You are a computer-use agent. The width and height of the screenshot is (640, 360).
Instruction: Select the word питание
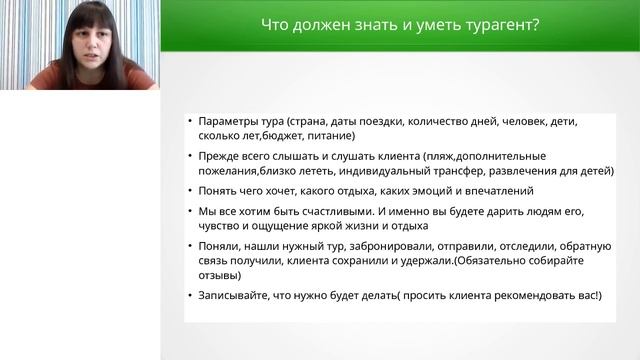(x=332, y=136)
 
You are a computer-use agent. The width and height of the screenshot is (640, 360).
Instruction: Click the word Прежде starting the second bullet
(x=221, y=157)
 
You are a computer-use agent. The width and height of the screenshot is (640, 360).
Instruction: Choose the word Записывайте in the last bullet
(x=235, y=296)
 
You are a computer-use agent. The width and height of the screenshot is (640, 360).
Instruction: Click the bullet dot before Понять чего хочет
(x=191, y=190)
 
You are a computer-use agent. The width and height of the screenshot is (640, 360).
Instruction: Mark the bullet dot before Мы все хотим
(x=191, y=212)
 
